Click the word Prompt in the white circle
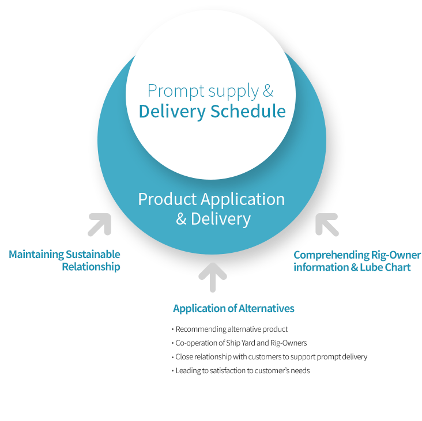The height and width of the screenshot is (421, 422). click(176, 92)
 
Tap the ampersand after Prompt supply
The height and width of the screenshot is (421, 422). click(268, 90)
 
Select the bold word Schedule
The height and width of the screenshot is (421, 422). click(248, 111)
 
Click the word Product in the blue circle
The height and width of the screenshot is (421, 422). click(167, 199)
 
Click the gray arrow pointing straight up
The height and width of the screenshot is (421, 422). click(213, 277)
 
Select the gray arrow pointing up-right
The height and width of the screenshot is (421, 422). click(100, 225)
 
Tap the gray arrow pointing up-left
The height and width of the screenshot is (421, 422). click(327, 225)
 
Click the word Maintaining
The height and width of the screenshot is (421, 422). click(36, 255)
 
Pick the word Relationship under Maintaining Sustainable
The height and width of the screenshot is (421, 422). click(91, 267)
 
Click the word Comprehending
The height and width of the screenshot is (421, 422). click(331, 255)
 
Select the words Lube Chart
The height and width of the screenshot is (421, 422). click(386, 267)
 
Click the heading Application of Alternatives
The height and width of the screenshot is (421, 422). click(233, 308)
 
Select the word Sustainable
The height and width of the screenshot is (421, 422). click(93, 255)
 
